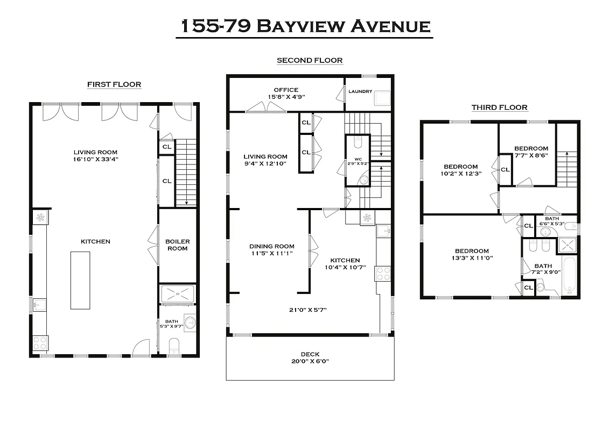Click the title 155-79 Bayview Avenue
pos(304,25)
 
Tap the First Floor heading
pos(114,84)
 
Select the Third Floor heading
pos(499,107)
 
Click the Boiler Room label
pos(177,245)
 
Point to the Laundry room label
pos(360,91)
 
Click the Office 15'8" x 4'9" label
pos(286,94)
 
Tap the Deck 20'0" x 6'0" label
pos(310,357)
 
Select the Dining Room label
pos(272,250)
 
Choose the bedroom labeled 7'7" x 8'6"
pos(531,152)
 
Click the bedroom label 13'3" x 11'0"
pos(472,254)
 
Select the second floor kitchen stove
pos(382,274)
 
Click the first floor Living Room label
pos(95,155)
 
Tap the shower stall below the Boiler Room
pos(177,295)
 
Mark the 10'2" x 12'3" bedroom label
pos(460,170)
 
